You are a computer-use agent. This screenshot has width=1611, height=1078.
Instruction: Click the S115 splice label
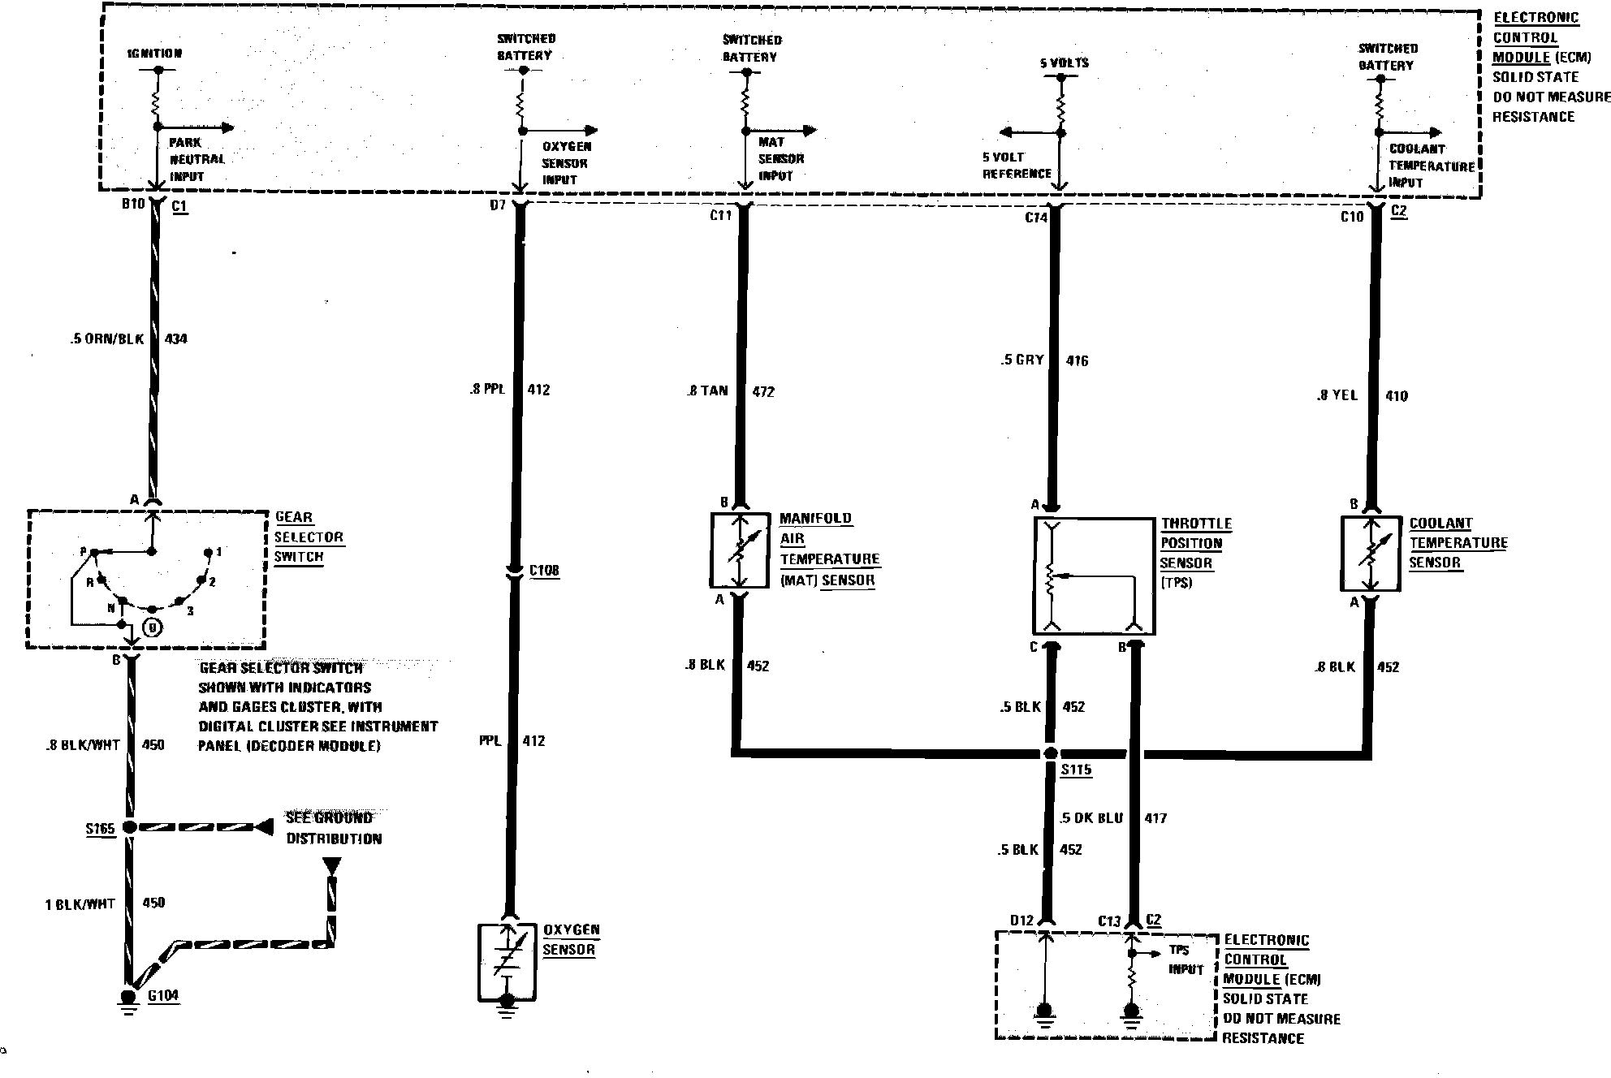pos(1076,770)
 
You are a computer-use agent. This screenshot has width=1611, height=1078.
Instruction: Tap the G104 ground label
pos(163,995)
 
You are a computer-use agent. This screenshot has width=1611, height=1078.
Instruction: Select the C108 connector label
pos(544,571)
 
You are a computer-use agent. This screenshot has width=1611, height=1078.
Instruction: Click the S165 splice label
pos(101,829)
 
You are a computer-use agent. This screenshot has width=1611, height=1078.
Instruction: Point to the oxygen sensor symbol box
pos(506,961)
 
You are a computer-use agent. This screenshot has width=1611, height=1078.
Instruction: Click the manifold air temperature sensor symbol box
pos(740,550)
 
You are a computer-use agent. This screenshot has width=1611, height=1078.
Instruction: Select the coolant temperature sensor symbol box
pos(1370,554)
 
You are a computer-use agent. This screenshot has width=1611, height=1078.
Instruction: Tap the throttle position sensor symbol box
pos(1094,576)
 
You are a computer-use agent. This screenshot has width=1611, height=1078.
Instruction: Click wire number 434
pos(176,338)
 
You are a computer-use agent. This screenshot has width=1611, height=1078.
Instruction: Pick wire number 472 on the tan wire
pos(763,391)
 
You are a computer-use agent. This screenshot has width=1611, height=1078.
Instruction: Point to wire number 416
pos(1077,360)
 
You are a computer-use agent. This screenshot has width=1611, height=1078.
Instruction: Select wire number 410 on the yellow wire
pos(1397,396)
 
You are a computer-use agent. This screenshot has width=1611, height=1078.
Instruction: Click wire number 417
pos(1155,818)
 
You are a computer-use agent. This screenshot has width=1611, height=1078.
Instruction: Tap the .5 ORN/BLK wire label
pos(106,338)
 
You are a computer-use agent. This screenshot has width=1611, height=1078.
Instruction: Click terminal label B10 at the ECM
pos(133,204)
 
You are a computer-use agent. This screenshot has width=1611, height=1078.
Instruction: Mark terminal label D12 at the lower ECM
pos(1021,920)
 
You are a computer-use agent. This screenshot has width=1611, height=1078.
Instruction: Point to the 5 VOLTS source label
pos(1064,63)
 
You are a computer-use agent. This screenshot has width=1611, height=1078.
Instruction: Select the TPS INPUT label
pos(1186,959)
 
